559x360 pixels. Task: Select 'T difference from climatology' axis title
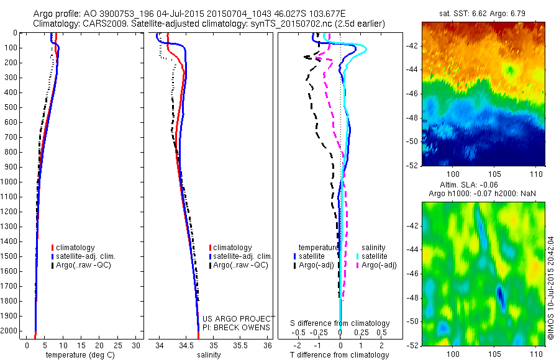(x=340, y=355)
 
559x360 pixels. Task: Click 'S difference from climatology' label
(x=340, y=323)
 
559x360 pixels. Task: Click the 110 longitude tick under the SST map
(x=535, y=176)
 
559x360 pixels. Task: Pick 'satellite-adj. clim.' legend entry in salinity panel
(x=242, y=256)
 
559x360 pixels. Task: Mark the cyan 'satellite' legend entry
(x=373, y=256)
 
